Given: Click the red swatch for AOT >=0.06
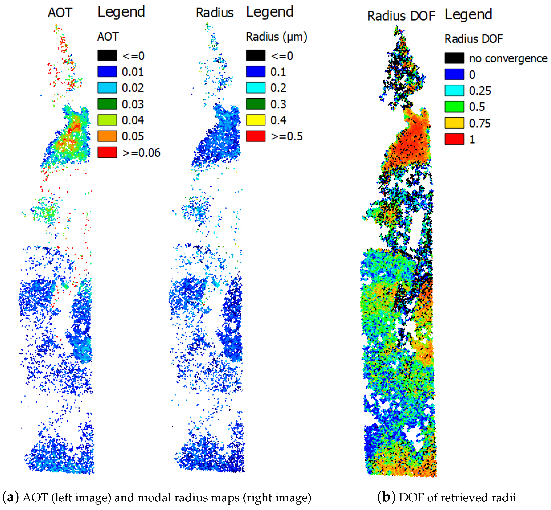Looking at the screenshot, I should (107, 152).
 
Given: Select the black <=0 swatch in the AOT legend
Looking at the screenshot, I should (107, 55).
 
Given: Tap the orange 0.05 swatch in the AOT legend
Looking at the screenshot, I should (107, 136).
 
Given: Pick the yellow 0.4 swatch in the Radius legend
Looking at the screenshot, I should (256, 120).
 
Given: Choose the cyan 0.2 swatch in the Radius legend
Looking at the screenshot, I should (256, 88).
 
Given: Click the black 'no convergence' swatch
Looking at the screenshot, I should (454, 58).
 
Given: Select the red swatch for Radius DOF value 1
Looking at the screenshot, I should (454, 139).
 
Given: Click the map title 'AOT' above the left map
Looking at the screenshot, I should (60, 13).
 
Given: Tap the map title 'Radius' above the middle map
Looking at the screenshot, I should (214, 13).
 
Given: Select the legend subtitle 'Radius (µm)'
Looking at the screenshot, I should (276, 37).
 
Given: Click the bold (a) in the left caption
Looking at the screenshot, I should (10, 497).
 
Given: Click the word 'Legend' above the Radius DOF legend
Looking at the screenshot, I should (468, 14).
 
